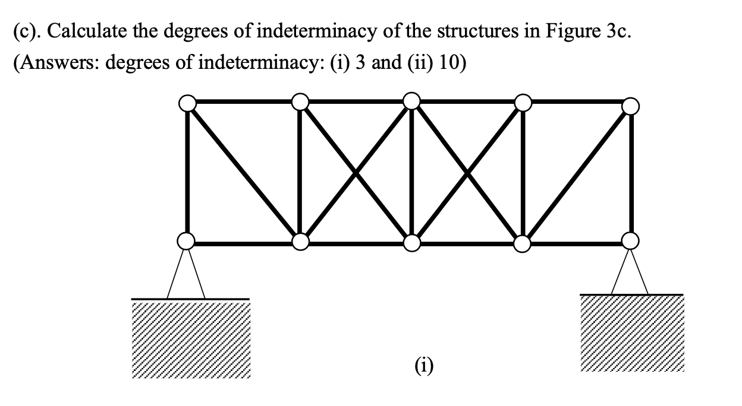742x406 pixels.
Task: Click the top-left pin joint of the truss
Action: [x=187, y=103]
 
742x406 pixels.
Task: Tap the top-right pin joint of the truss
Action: [x=630, y=106]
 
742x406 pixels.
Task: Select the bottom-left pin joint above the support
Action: [x=187, y=241]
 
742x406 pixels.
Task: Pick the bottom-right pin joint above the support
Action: [x=630, y=240]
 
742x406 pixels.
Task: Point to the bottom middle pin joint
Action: [x=411, y=242]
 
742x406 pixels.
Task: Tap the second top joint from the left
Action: [x=301, y=102]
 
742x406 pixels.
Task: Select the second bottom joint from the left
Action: [x=301, y=242]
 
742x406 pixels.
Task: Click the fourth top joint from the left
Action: [x=523, y=103]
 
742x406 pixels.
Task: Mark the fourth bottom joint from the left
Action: [x=521, y=242]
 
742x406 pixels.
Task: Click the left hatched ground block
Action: [x=190, y=339]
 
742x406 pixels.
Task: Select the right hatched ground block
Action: [x=632, y=333]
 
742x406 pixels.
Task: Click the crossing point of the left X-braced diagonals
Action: [x=356, y=172]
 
